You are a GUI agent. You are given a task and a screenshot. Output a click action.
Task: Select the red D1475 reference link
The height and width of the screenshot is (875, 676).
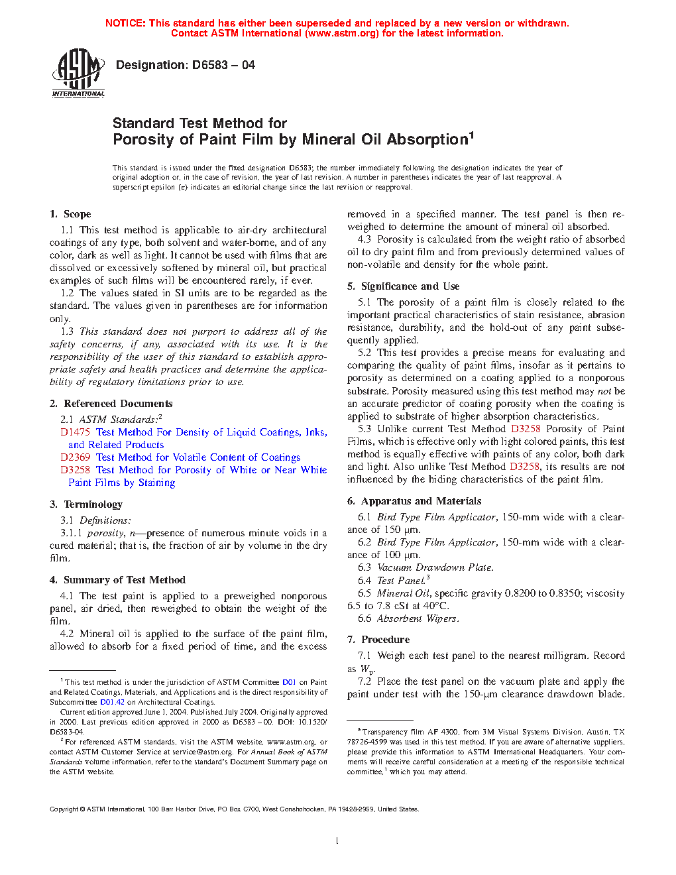click(75, 432)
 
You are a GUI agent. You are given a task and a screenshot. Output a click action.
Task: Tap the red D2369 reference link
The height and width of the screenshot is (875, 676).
click(75, 457)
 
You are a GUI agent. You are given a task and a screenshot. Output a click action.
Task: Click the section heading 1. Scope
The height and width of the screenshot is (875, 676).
click(70, 214)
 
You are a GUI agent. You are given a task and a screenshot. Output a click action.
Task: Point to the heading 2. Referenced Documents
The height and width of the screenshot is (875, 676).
click(111, 404)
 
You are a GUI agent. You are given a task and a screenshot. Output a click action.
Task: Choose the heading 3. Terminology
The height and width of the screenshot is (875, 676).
click(86, 504)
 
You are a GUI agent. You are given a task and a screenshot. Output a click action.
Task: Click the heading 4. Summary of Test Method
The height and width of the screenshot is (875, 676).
click(117, 580)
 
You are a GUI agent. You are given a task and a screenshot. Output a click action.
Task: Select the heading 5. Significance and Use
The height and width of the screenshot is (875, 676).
click(403, 286)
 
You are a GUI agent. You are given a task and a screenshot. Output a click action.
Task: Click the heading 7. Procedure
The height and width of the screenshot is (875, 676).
click(378, 640)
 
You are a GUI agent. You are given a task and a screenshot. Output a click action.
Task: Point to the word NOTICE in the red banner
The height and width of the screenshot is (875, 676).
click(125, 23)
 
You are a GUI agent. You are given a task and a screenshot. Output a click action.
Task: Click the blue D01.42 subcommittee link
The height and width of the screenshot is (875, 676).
click(112, 702)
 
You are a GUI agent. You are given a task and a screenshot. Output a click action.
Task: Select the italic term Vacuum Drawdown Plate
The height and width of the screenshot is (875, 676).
click(435, 567)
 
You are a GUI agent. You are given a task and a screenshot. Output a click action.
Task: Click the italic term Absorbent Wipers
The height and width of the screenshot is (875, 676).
click(418, 618)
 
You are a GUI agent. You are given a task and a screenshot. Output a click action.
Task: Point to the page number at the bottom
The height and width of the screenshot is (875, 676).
click(337, 841)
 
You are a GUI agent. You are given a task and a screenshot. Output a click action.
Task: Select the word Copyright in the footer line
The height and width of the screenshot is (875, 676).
click(64, 809)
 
